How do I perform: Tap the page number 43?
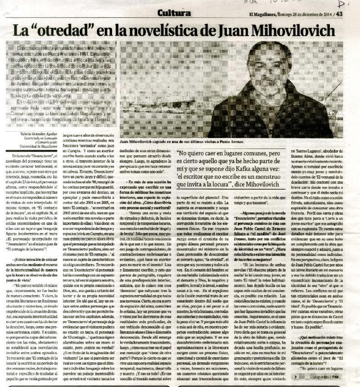click(339, 13)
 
